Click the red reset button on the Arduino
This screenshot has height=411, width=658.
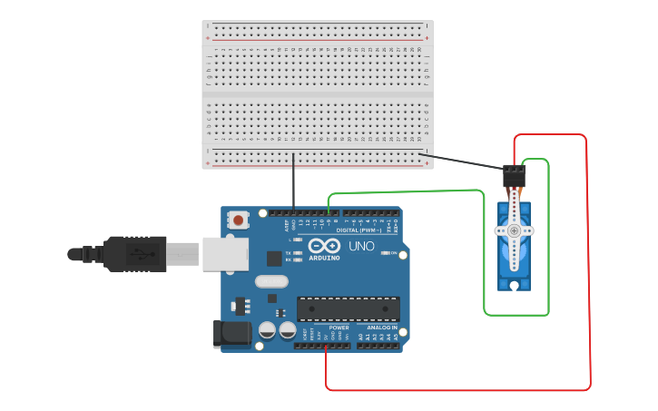pos(239,220)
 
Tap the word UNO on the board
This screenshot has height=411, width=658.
pos(361,246)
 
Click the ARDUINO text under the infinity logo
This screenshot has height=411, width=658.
pos(324,258)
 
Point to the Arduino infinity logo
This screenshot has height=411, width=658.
pos(324,245)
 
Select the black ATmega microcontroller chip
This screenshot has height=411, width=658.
pos(349,308)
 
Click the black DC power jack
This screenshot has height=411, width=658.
pos(231,333)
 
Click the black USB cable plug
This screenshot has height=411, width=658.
pos(136,254)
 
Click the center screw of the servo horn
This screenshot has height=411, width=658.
pos(515,230)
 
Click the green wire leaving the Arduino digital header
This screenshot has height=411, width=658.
pos(408,191)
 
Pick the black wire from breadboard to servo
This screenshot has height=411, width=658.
pos(463,162)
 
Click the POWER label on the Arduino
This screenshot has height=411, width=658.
pos(327,328)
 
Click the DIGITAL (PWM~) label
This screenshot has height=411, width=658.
pos(359,230)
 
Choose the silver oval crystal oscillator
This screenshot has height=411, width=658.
pos(271,281)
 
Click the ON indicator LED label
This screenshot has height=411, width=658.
pos(394,253)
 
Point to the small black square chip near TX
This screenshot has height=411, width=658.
pos(274,259)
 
